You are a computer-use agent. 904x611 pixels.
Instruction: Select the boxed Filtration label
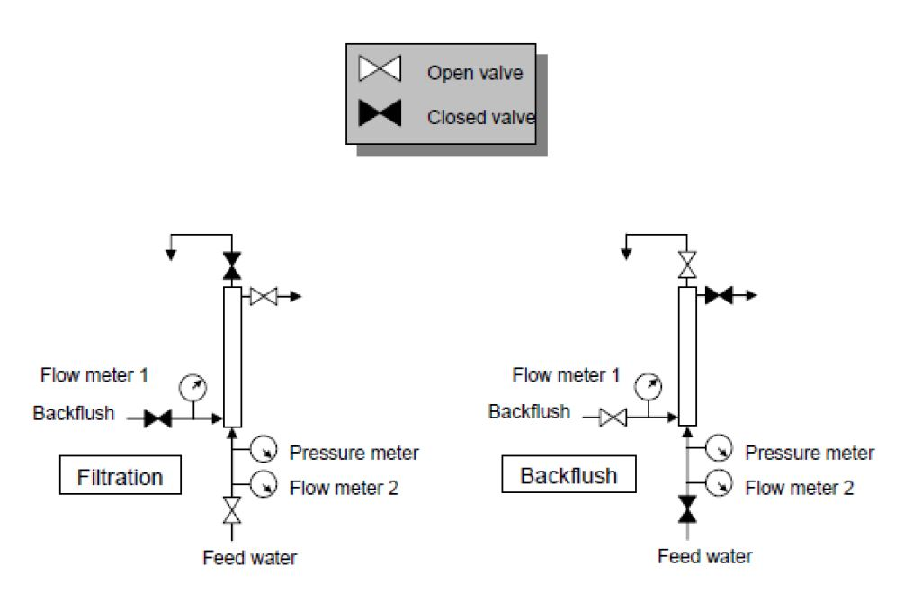(x=120, y=476)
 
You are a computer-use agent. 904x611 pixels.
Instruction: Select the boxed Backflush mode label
(x=568, y=474)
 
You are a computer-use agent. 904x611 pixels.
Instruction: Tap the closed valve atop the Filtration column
(x=232, y=266)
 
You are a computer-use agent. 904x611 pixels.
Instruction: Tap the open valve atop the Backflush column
(x=688, y=266)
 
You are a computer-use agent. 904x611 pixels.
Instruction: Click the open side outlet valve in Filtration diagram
(x=263, y=295)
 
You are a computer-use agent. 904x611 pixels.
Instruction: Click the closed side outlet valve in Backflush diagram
(x=718, y=295)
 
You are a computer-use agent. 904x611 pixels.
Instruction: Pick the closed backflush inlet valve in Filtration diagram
(x=158, y=418)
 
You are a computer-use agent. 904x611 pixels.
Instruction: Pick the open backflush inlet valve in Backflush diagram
(x=613, y=418)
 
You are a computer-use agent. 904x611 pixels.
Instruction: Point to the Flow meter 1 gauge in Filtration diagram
(x=193, y=388)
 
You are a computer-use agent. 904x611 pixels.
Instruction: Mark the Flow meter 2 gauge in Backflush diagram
(x=719, y=484)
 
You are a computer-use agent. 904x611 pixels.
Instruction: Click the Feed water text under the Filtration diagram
(x=249, y=557)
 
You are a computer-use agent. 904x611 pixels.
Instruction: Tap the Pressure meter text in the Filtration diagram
(x=354, y=452)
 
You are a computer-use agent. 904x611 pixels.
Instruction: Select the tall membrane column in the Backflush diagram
(x=688, y=355)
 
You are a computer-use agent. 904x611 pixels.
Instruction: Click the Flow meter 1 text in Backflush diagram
(x=566, y=374)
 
